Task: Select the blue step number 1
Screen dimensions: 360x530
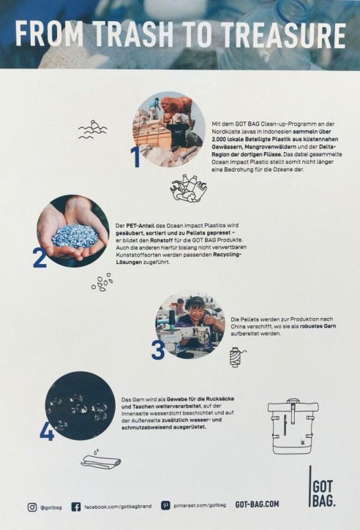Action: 135,157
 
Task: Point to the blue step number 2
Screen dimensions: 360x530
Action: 40,257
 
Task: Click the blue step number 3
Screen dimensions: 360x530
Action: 158,350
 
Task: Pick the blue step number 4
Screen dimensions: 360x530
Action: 47,431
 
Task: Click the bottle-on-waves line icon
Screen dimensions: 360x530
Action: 92,129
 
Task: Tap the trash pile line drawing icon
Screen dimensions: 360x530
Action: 188,189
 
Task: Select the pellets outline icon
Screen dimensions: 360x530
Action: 102,282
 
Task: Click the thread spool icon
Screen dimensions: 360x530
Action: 237,357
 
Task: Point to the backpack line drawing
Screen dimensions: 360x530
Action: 293,426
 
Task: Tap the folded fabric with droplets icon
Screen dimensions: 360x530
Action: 101,459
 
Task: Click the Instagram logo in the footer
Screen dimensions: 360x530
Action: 32,507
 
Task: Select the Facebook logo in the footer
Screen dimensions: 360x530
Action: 76,507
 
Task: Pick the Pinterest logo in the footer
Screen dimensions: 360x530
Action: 165,506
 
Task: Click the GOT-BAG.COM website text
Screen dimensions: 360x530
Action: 257,504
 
